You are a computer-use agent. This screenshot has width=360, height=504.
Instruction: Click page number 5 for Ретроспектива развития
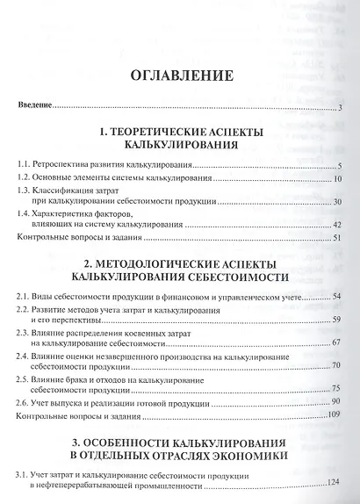[x=338, y=166]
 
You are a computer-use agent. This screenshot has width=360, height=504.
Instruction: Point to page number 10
[x=336, y=180]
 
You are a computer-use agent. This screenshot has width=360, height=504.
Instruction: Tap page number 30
[x=336, y=203]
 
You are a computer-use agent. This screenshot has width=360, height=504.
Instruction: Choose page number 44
[x=336, y=226]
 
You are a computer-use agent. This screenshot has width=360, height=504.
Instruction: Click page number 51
[x=336, y=238]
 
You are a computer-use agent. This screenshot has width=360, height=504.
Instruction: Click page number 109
[x=334, y=414]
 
